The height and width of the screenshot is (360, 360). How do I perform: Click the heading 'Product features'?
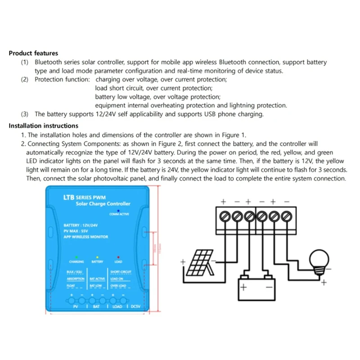(x=33, y=53)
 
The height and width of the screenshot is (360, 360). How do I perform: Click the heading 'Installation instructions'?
(x=44, y=126)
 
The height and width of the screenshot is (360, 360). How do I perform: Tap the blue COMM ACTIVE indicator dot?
(x=118, y=210)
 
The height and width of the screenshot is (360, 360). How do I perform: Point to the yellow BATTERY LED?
(x=97, y=256)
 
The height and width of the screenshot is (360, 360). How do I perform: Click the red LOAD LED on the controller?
(x=118, y=256)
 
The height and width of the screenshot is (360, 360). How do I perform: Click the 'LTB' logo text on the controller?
(x=68, y=197)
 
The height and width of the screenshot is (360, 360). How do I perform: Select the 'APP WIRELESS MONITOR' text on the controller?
(x=86, y=236)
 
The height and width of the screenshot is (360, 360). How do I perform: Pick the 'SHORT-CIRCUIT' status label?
(x=120, y=273)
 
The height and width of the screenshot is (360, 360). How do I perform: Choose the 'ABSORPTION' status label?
(x=76, y=279)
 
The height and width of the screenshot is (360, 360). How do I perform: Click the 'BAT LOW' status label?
(x=96, y=286)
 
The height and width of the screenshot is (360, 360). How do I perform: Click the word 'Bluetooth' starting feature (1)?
(x=49, y=62)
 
